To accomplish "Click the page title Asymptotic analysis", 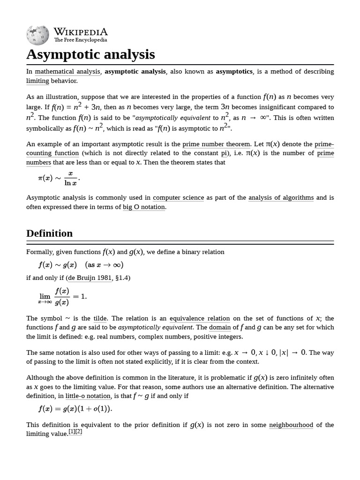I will tap(90, 54).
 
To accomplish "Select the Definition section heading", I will tap(49, 233).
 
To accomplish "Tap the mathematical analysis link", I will tap(67, 72).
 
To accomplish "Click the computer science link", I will tap(178, 198).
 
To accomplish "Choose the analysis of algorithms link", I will tap(281, 198).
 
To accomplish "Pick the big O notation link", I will tap(144, 207).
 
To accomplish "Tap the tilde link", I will tap(100, 318).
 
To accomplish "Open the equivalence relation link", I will tap(200, 318).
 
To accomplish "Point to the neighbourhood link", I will tap(291, 425).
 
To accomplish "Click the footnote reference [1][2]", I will tap(75, 432).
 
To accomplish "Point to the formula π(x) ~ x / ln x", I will tap(59, 178).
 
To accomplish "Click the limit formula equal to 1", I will tap(63, 297).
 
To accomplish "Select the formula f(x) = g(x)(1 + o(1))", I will tap(75, 409).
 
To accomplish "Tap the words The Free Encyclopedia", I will tap(80, 40).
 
